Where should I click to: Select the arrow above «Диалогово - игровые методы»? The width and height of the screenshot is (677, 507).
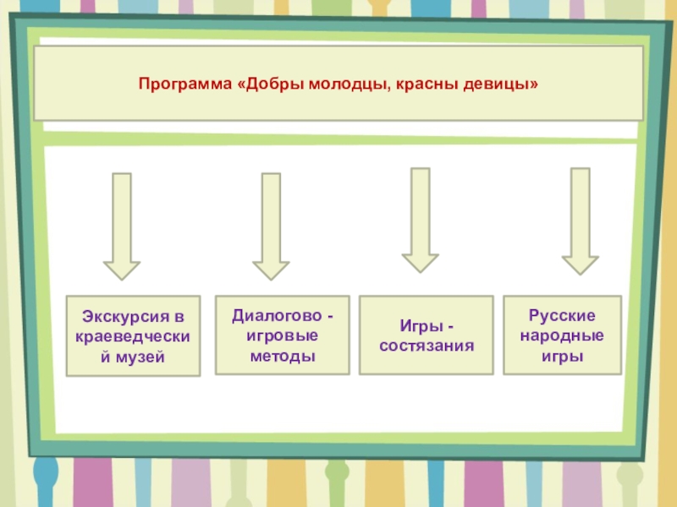(x=271, y=226)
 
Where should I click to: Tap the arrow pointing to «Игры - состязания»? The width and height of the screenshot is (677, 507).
(x=421, y=219)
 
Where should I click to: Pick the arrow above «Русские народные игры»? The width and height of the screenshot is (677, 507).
(x=580, y=220)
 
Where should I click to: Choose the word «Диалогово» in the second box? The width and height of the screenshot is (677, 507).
(x=276, y=315)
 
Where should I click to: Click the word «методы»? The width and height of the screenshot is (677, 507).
(x=282, y=356)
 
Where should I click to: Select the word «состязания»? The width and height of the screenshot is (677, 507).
(x=426, y=346)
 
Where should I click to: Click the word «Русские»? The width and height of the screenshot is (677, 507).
(x=562, y=315)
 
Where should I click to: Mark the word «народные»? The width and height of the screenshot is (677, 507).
(x=562, y=335)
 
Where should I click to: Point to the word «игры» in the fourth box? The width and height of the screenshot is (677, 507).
(x=562, y=356)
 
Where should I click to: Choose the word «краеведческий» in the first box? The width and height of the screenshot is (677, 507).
(x=133, y=337)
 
